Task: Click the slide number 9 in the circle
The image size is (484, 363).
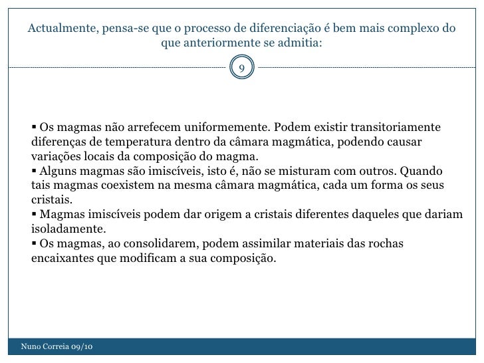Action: (242, 68)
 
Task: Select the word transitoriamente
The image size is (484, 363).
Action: (387, 127)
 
